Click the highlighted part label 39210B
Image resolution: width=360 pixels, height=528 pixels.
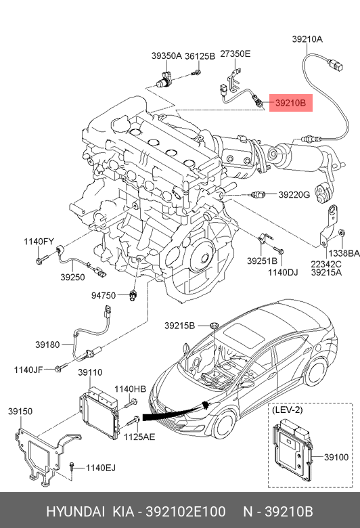(290, 103)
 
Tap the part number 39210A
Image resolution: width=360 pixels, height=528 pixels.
(307, 39)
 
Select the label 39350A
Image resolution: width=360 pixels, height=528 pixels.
(166, 56)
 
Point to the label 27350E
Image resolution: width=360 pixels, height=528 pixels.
(235, 53)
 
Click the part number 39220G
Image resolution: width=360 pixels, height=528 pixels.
(294, 195)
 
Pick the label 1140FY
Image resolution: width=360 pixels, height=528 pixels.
(39, 242)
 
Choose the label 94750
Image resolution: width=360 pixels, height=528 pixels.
(104, 296)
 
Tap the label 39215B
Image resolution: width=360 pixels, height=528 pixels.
(179, 326)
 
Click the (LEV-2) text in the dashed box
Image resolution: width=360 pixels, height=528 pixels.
(287, 410)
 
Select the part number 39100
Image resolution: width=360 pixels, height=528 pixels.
(336, 458)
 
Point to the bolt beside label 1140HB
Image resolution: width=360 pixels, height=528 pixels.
(131, 403)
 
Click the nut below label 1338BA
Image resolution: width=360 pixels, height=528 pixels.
(341, 232)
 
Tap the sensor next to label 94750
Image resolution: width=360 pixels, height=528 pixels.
(132, 295)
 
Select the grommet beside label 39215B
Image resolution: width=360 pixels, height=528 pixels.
(214, 326)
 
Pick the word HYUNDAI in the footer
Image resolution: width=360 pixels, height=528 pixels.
(75, 512)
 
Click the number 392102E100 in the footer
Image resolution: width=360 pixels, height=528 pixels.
(185, 512)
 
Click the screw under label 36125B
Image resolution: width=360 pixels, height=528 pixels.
(197, 72)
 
